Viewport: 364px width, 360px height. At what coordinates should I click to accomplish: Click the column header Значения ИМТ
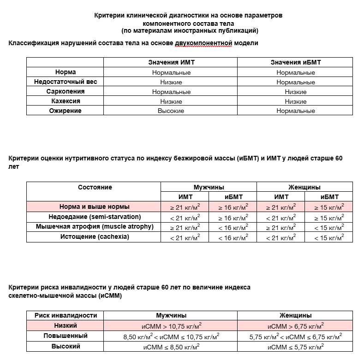pos(171,62)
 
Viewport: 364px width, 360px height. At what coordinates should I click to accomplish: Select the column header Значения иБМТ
pos(295,62)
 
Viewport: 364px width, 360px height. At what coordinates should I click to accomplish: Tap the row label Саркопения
pos(66,91)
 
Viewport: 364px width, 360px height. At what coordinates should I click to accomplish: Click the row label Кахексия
pos(66,101)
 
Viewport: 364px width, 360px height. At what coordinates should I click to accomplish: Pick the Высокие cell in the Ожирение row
pos(171,111)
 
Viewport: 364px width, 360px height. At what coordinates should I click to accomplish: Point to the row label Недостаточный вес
pos(66,82)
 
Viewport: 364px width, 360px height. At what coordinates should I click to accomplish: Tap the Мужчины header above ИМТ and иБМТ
pos(209,187)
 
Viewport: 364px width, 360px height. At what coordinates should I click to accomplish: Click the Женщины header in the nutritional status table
pos(304,187)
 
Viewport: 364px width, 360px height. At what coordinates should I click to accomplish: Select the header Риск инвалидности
pos(66,315)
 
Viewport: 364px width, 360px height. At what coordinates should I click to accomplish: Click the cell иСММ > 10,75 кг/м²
pos(171,325)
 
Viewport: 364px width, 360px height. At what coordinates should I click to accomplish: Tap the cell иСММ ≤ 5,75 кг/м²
pos(295,346)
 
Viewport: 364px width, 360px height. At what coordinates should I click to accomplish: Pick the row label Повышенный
pos(66,336)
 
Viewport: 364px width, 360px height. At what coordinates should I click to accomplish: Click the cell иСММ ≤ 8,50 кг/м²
pos(171,346)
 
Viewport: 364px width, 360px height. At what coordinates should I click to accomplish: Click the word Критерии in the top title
pos(109,15)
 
